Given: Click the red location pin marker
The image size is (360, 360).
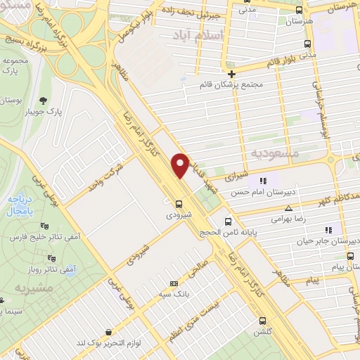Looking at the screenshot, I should tap(181, 165).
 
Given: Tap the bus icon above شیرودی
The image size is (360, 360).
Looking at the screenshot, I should tap(179, 204).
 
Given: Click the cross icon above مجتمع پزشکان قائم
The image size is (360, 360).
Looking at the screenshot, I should tap(231, 73).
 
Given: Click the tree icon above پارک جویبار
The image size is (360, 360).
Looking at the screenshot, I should tap(44, 100).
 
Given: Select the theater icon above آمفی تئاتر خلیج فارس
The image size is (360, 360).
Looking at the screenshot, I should tap(45, 226).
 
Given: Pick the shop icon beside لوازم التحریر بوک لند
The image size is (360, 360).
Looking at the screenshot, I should tap(108, 329).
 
